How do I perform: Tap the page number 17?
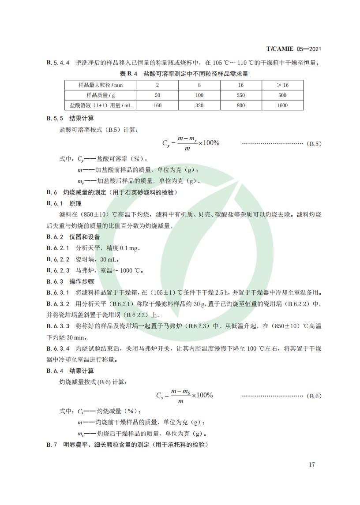point(312,464)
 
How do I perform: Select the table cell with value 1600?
point(282,105)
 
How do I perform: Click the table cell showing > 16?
point(282,85)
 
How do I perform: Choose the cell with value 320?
point(199,105)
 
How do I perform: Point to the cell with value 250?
point(241,95)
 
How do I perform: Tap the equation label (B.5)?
point(315,144)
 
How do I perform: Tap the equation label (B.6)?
point(315,396)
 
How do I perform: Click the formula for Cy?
point(191,144)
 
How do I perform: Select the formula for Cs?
point(184,396)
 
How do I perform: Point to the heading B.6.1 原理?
point(64,203)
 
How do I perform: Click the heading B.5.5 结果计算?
point(70,119)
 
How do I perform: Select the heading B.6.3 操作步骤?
point(70,281)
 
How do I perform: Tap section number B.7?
point(52,445)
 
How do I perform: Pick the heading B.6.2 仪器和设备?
point(73,237)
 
